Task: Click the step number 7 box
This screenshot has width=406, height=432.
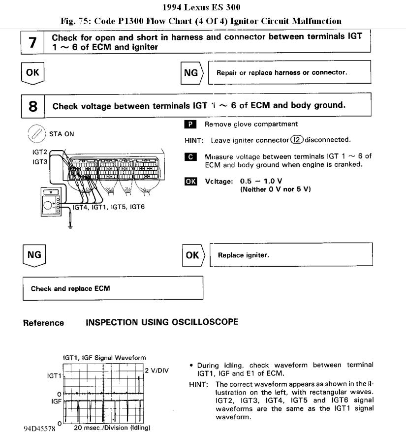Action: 32,42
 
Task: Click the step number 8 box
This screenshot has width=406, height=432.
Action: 33,106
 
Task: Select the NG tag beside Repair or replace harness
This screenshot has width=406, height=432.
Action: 191,73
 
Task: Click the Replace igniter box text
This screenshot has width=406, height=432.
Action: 244,255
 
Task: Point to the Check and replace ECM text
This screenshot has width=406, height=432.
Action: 70,289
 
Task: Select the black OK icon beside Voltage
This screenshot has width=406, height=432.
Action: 190,181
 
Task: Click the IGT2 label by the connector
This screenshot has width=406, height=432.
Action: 39,152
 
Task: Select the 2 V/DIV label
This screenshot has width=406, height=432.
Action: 156,370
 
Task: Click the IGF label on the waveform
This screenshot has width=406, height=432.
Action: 55,401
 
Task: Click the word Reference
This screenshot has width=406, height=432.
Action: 43,323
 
